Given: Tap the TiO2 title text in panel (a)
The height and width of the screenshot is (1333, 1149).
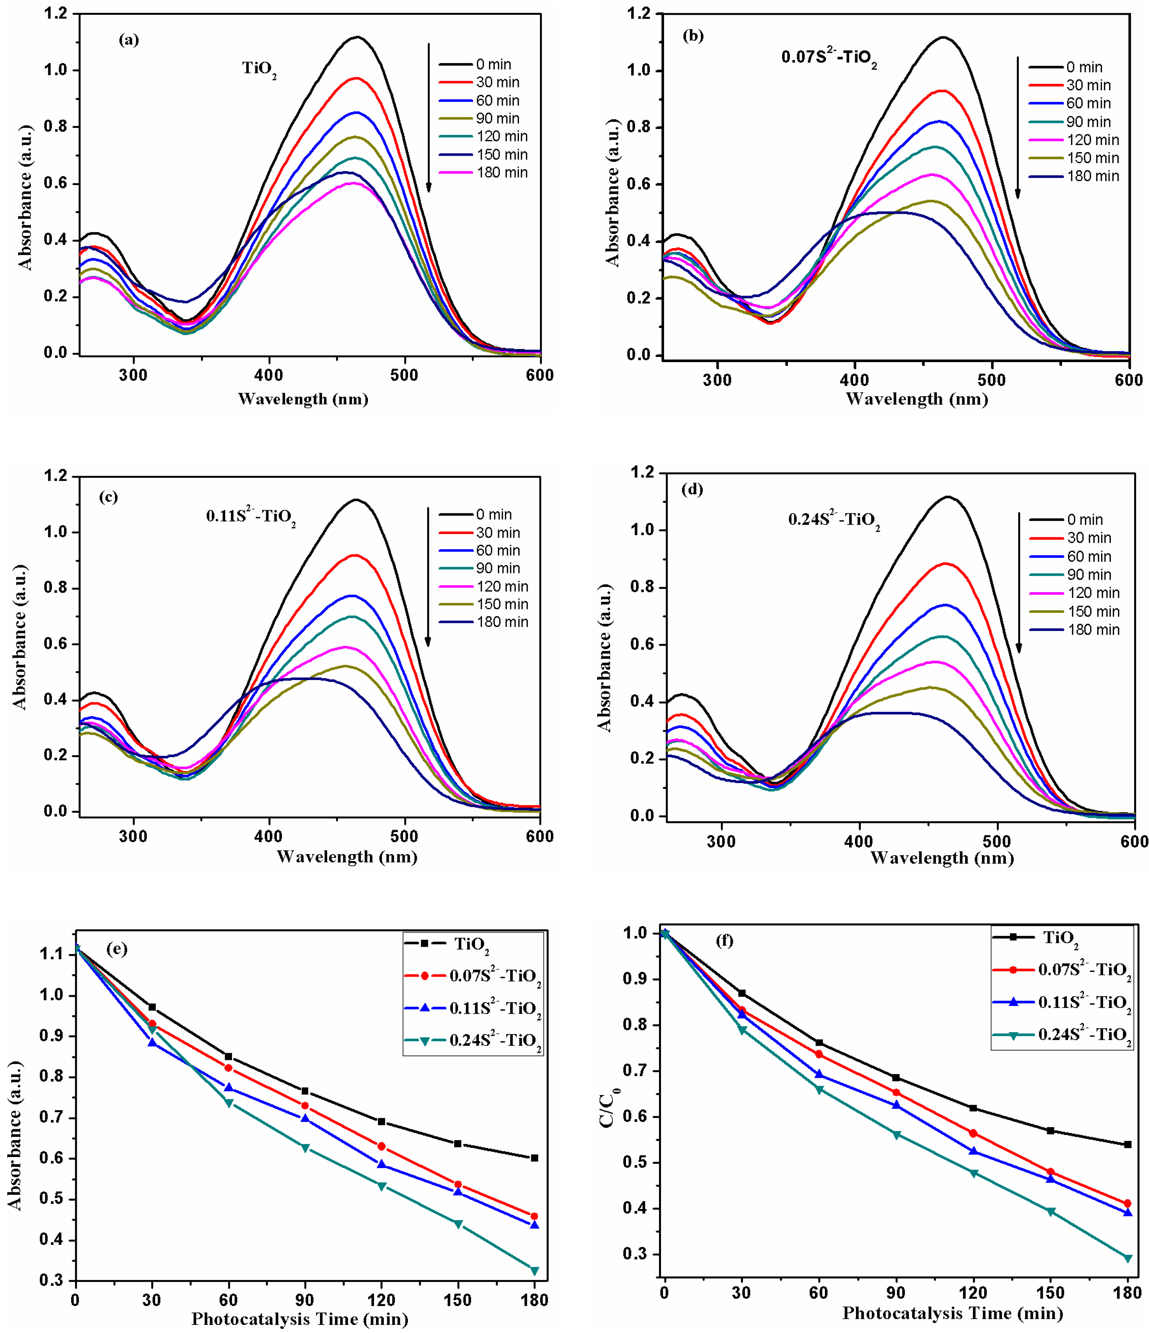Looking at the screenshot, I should click(x=259, y=69).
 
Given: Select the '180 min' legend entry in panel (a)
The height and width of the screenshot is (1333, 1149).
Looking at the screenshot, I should click(x=501, y=172).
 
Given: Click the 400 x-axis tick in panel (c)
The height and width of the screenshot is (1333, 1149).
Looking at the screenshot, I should click(x=269, y=836).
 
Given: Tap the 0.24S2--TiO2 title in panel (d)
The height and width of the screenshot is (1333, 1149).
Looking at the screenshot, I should click(x=834, y=520).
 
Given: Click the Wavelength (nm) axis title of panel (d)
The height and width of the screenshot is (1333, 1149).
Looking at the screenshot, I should click(x=942, y=858).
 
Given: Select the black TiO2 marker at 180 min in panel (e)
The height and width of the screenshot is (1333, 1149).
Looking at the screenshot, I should click(x=534, y=1158).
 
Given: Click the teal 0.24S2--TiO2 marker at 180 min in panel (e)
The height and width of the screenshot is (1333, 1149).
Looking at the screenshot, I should click(x=534, y=1271).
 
